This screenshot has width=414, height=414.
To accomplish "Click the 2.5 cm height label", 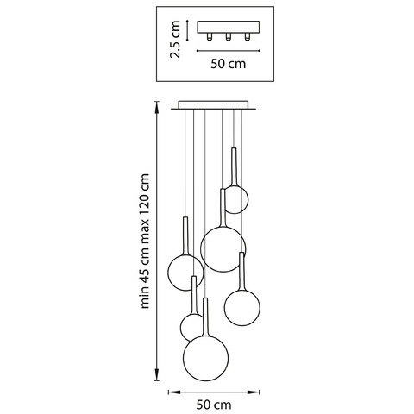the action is [175, 40].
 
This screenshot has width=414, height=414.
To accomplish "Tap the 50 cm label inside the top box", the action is [229, 64].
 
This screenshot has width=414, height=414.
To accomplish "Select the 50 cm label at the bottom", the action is [214, 405].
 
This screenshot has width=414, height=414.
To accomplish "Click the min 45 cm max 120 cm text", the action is [145, 241].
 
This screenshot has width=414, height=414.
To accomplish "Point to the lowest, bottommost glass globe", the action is [206, 358].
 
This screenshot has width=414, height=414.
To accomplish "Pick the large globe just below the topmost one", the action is [223, 249].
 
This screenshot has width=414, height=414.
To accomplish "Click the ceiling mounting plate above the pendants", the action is [213, 105].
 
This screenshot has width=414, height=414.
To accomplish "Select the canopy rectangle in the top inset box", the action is [229, 27].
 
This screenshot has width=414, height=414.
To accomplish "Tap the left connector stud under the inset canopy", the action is [210, 36].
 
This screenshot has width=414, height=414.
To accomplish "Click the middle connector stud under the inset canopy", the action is [229, 36].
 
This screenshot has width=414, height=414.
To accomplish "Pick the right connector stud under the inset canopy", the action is [247, 36].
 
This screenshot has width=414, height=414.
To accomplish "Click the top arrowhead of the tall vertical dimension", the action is [157, 107].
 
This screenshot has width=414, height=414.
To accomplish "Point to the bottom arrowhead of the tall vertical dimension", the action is [157, 375].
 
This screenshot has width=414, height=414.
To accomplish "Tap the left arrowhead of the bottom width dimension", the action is [174, 392].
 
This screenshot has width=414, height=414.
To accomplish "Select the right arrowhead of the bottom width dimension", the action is [254, 392].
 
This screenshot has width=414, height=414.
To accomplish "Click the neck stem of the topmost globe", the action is [234, 166].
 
